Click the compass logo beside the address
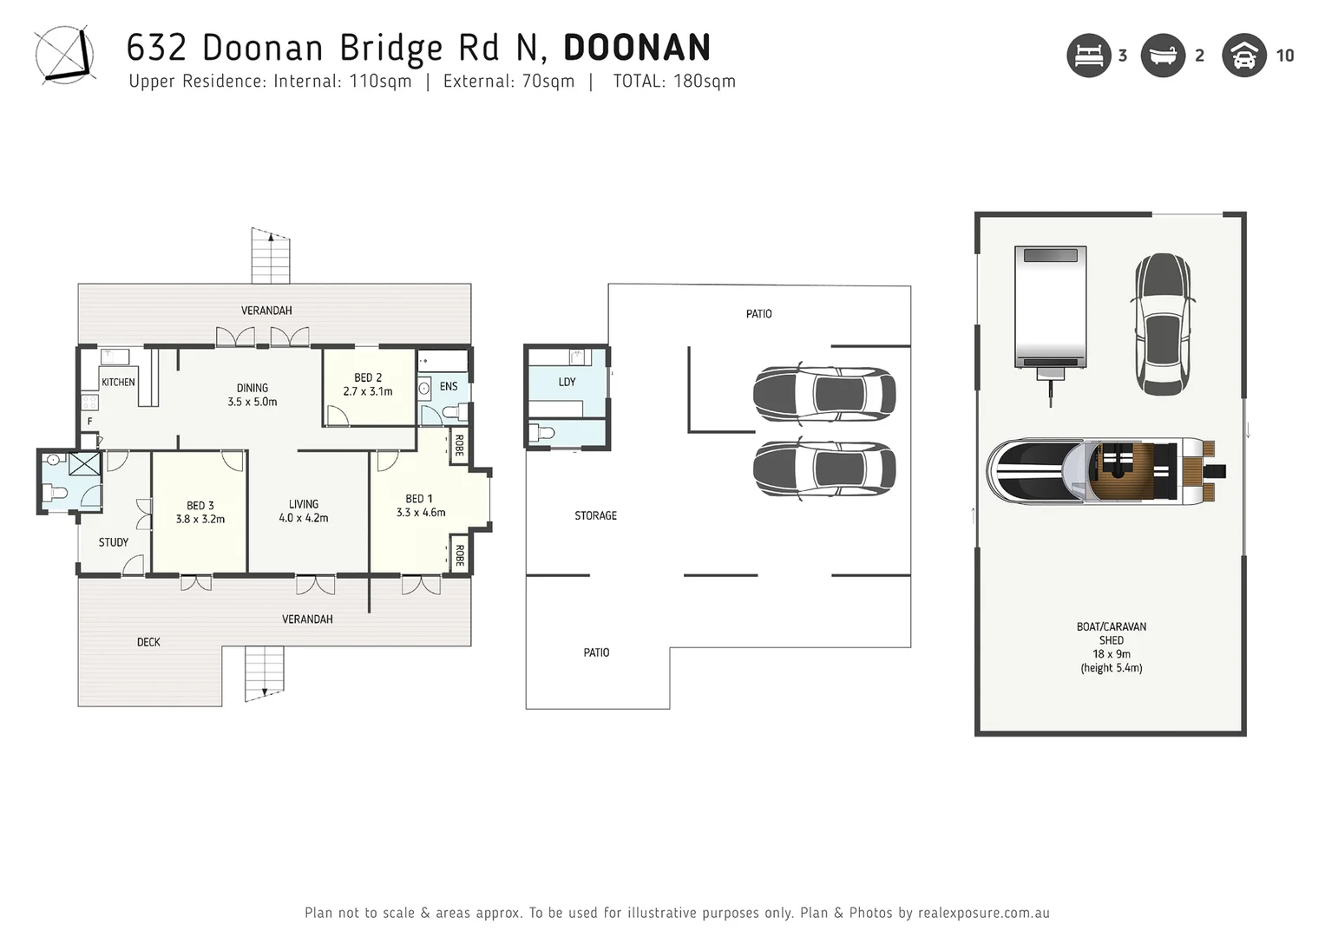pos(63,56)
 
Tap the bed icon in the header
pos(1088,56)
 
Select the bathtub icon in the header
pos(1162,56)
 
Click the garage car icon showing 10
pos(1243,56)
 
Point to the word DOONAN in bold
pos(637,48)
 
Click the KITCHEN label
pos(118,383)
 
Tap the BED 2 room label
pos(368,378)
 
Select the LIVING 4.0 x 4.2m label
pos(304,511)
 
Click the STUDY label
pos(113,542)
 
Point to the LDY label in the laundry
pos(567,382)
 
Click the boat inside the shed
pos(1105,471)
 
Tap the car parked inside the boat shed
pos(1162,324)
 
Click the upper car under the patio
pos(823,394)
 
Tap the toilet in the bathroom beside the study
pos(56,494)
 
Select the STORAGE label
pos(595,515)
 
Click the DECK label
pos(148,642)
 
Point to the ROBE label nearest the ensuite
pos(459,445)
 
